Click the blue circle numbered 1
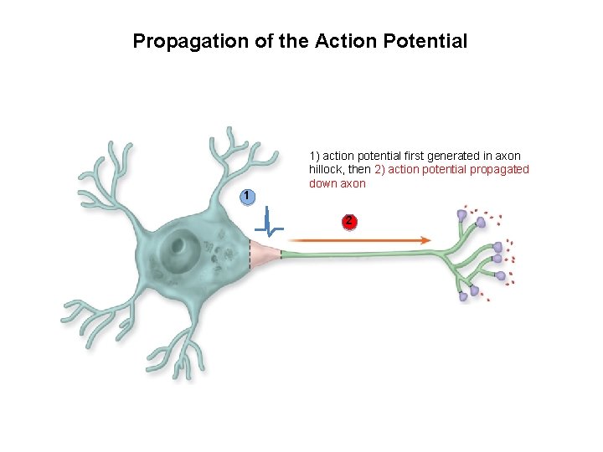click(x=245, y=196)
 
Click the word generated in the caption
click(x=460, y=157)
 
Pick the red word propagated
click(x=500, y=170)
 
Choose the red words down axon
click(x=338, y=183)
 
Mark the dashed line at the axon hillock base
click(x=249, y=252)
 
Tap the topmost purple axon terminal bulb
click(x=461, y=216)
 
